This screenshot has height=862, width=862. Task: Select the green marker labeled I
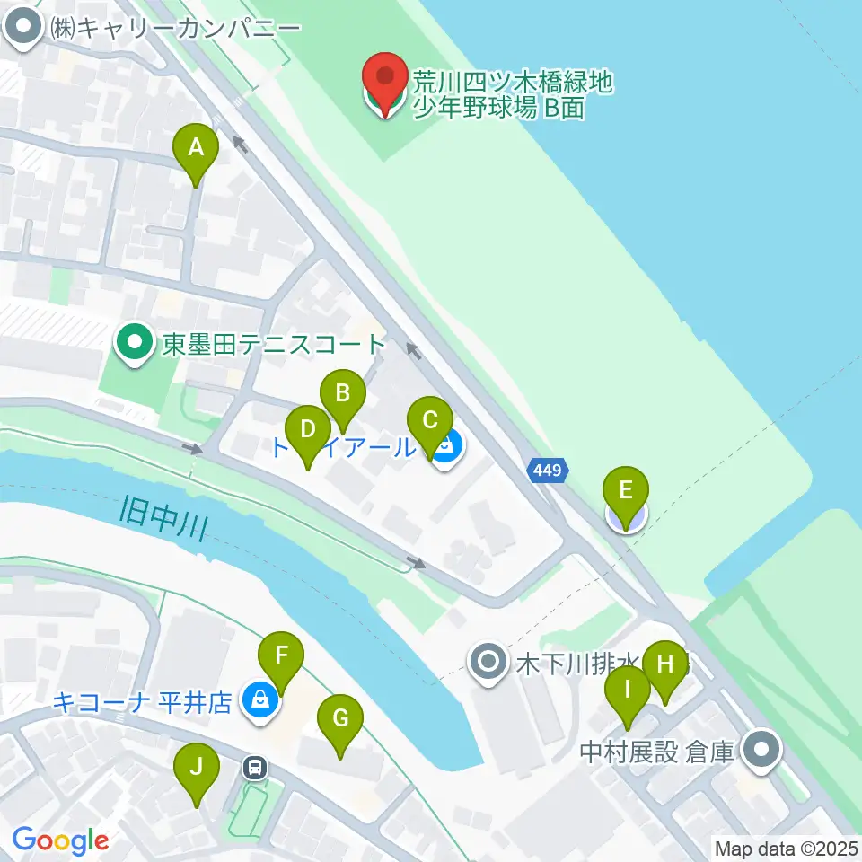628,692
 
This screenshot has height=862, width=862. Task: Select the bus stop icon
256,767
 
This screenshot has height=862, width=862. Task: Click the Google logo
59,840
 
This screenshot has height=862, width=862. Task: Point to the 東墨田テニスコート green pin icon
135,343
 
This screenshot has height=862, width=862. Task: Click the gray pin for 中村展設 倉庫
763,748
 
